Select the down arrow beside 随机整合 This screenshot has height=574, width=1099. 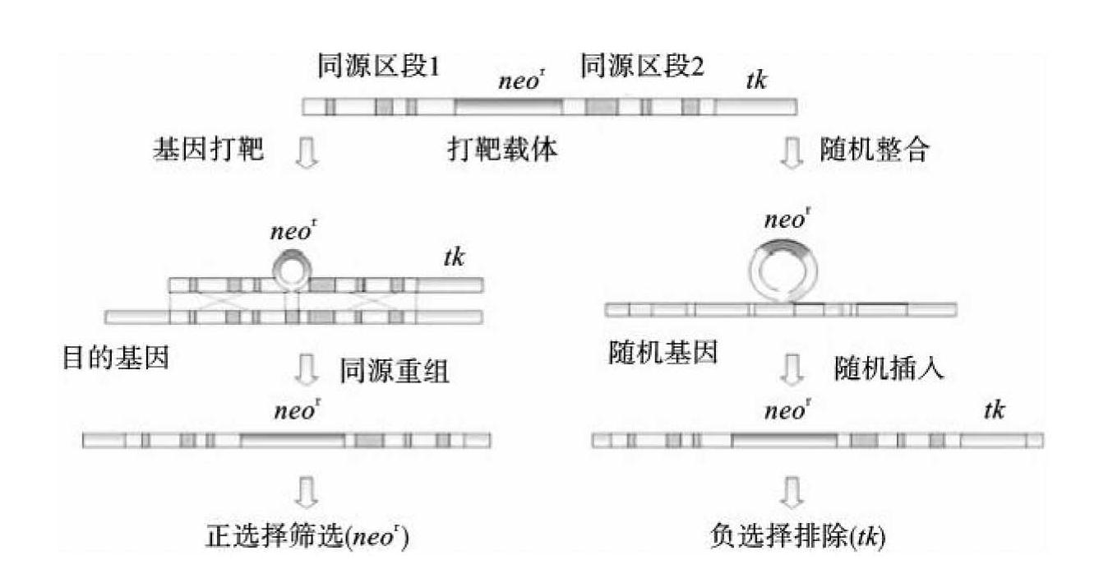pos(792,153)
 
